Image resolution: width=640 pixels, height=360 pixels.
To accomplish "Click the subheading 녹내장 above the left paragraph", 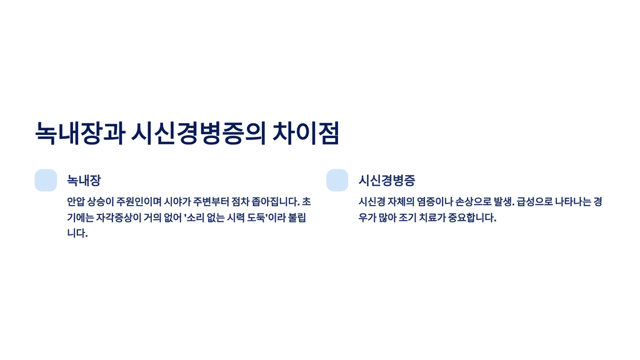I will click(84, 181).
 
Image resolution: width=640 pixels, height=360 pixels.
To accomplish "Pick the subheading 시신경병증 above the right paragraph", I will click(387, 181).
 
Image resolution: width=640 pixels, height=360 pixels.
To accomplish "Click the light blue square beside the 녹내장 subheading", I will click(46, 180).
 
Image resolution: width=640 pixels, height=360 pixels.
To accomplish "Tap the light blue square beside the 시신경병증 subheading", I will click(337, 180).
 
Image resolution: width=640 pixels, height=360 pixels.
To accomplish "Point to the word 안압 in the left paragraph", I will click(75, 202).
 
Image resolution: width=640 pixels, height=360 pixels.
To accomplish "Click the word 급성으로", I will click(533, 202).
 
